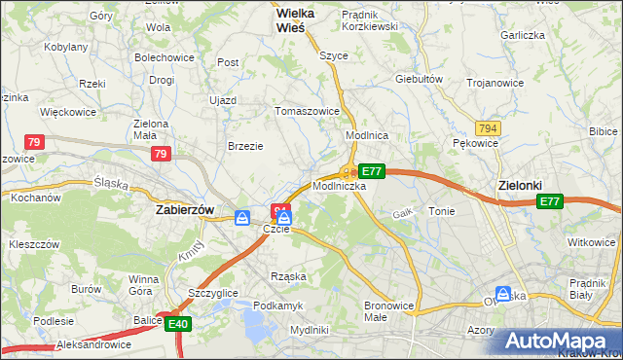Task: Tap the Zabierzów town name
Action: pyautogui.click(x=185, y=208)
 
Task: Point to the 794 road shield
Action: pyautogui.click(x=489, y=128)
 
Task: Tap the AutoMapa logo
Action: pyautogui.click(x=562, y=341)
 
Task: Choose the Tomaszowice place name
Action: pyautogui.click(x=308, y=111)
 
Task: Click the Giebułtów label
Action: pyautogui.click(x=420, y=79)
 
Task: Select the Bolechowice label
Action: pyautogui.click(x=165, y=57)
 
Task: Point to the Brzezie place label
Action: pyautogui.click(x=245, y=146)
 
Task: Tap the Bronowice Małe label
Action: pyautogui.click(x=389, y=311)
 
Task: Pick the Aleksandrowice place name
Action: pyautogui.click(x=94, y=345)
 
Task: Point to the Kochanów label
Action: pyautogui.click(x=36, y=198)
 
